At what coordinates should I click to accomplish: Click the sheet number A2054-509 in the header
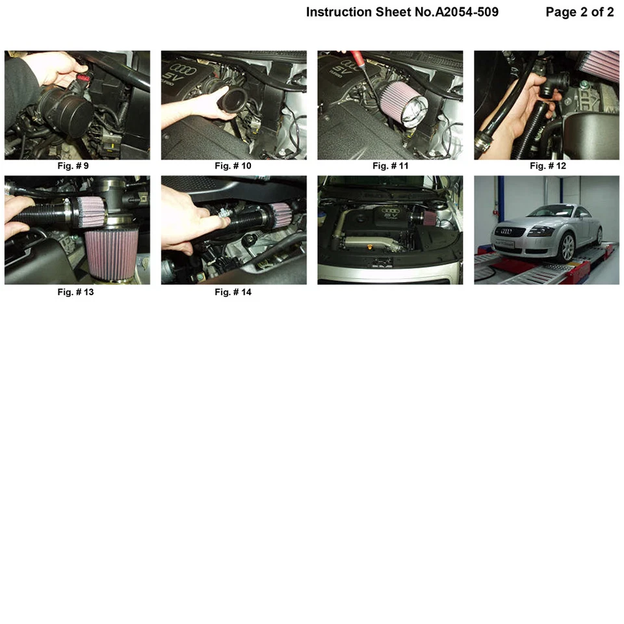(467, 12)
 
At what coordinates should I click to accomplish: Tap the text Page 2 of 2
(579, 12)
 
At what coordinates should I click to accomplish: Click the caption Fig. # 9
(73, 166)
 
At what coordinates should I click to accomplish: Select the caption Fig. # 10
(233, 166)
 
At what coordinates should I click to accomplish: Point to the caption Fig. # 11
(391, 166)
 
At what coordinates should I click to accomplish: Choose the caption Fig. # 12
(547, 166)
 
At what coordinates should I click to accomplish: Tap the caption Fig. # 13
(75, 292)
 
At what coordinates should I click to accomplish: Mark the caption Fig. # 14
(233, 292)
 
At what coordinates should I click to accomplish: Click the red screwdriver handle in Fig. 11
(356, 56)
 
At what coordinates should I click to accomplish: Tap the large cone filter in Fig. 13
(111, 252)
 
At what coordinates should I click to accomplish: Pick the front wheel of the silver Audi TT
(567, 247)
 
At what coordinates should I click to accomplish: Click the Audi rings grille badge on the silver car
(506, 231)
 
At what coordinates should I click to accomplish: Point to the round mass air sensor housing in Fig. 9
(68, 109)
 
